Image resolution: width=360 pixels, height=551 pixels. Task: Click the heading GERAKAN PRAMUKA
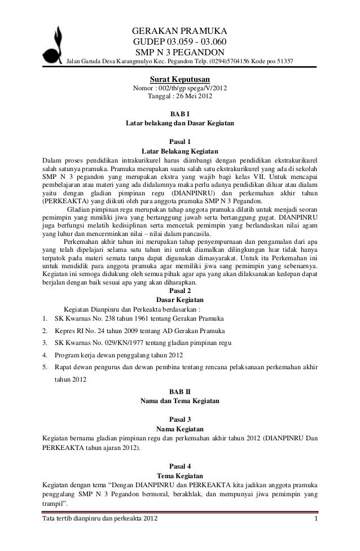pos(179,31)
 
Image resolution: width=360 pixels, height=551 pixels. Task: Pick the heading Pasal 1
pos(180,142)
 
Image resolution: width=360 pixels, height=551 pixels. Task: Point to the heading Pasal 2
pos(180,291)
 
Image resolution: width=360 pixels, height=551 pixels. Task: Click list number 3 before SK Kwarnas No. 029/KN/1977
pos(45,342)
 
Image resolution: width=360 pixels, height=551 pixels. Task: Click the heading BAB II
pos(180,391)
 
